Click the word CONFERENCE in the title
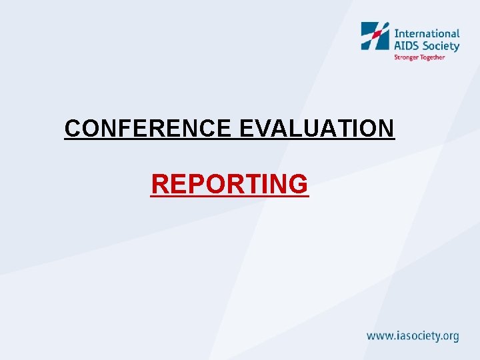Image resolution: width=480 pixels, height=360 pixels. click(148, 128)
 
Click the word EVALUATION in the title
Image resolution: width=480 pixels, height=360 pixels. click(317, 128)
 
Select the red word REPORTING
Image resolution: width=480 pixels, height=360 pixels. click(230, 184)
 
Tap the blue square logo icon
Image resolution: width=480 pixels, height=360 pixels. click(375, 36)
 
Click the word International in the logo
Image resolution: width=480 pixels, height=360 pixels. click(427, 33)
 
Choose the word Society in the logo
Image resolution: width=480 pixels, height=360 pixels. click(441, 46)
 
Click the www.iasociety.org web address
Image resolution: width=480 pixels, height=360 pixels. click(413, 336)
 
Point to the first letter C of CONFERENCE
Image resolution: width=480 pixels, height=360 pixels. click(73, 128)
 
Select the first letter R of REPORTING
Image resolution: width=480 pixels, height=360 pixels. click(160, 184)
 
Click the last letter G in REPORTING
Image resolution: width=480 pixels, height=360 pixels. click(298, 184)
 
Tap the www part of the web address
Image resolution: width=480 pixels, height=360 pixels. click(379, 336)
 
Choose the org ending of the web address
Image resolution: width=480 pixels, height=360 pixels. click(449, 337)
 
